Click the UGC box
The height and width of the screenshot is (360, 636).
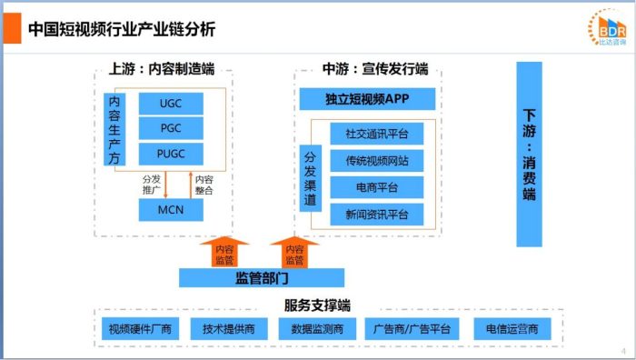170,103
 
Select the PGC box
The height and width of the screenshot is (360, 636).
170,128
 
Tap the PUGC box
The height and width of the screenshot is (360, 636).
170,153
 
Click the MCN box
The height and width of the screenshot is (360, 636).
170,211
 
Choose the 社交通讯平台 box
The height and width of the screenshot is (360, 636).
377,134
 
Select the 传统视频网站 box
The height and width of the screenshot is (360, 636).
377,161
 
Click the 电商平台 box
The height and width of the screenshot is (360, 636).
377,187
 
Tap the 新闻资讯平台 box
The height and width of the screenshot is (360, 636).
377,214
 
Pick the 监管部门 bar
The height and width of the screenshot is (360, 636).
262,277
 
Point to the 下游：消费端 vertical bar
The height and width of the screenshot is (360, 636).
529,155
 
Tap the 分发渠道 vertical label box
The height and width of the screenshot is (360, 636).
309,175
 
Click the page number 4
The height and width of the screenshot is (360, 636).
623,351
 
